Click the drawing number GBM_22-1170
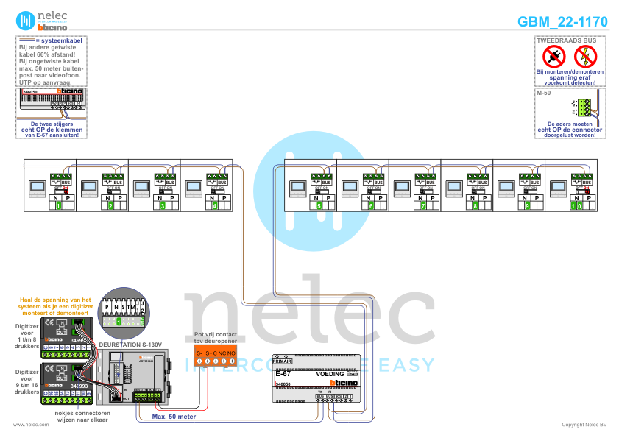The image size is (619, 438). point(562,22)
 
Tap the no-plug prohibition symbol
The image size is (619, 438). point(555,55)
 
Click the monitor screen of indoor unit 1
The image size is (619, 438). point(36,188)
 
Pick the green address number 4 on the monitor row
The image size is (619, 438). point(215,207)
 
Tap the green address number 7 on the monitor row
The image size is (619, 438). point(423,207)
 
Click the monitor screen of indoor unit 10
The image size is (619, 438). point(557,188)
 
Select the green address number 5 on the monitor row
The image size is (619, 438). point(319,207)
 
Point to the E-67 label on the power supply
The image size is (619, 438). point(283,375)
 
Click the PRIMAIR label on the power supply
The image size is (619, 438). point(283,362)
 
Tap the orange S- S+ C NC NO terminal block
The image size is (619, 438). point(215,357)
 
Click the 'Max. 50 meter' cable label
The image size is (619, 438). point(174,416)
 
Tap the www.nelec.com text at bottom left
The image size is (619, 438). point(26,425)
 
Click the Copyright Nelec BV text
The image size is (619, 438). point(584,425)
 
